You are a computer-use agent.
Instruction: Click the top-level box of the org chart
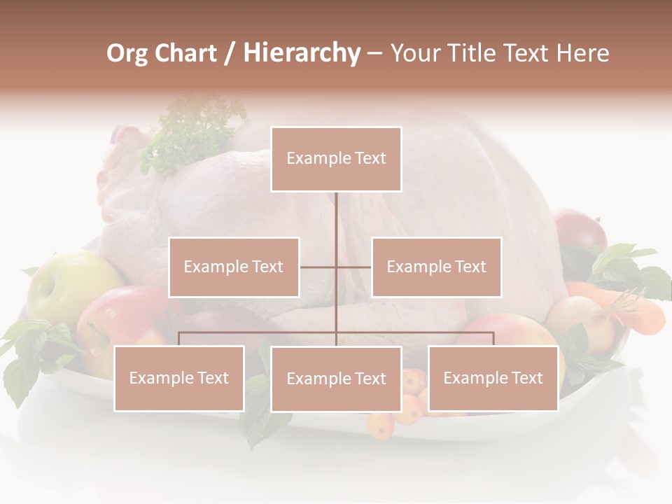pyautogui.click(x=336, y=159)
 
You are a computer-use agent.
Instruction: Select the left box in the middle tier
pyautogui.click(x=234, y=267)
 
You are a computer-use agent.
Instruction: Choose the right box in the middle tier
pyautogui.click(x=436, y=267)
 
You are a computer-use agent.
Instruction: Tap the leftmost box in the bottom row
pyautogui.click(x=179, y=378)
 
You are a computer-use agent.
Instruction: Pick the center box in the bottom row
pyautogui.click(x=336, y=379)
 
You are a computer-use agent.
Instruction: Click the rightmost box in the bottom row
pyautogui.click(x=493, y=378)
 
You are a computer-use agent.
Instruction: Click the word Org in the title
pyautogui.click(x=126, y=53)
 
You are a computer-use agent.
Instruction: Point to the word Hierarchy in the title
pyautogui.click(x=301, y=53)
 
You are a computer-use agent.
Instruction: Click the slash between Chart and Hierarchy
pyautogui.click(x=230, y=53)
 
